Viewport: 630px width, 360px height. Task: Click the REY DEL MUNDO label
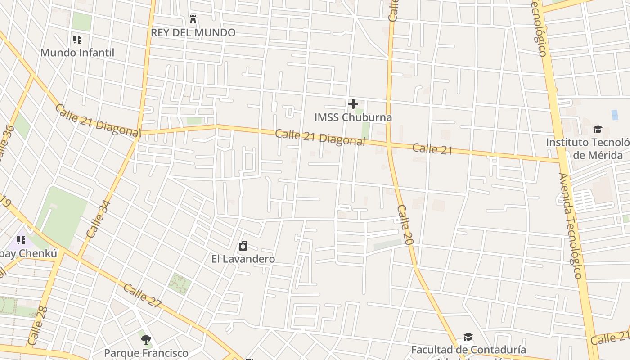pyautogui.click(x=193, y=32)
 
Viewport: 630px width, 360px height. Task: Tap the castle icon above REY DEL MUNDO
pyautogui.click(x=193, y=19)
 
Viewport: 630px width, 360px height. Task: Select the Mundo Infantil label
pyautogui.click(x=77, y=52)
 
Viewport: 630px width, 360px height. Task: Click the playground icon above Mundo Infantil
pyautogui.click(x=77, y=40)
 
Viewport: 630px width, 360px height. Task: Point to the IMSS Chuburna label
pyautogui.click(x=353, y=117)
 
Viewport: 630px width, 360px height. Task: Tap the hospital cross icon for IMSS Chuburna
pyautogui.click(x=353, y=104)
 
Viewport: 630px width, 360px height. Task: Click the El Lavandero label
pyautogui.click(x=243, y=259)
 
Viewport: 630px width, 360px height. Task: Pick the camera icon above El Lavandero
pyautogui.click(x=243, y=246)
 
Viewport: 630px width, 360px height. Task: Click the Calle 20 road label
pyautogui.click(x=405, y=225)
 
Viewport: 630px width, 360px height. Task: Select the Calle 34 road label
pyautogui.click(x=99, y=219)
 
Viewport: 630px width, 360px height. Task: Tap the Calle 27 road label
pyautogui.click(x=142, y=296)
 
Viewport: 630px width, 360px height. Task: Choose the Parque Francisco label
pyautogui.click(x=146, y=353)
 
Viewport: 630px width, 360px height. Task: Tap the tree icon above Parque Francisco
pyautogui.click(x=146, y=340)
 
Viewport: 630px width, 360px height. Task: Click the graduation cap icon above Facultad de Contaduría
pyautogui.click(x=468, y=337)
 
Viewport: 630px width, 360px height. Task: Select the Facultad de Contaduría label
pyautogui.click(x=468, y=350)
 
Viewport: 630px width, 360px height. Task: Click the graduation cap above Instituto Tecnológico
pyautogui.click(x=598, y=130)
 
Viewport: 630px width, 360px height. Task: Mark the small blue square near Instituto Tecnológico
pyautogui.click(x=615, y=115)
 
